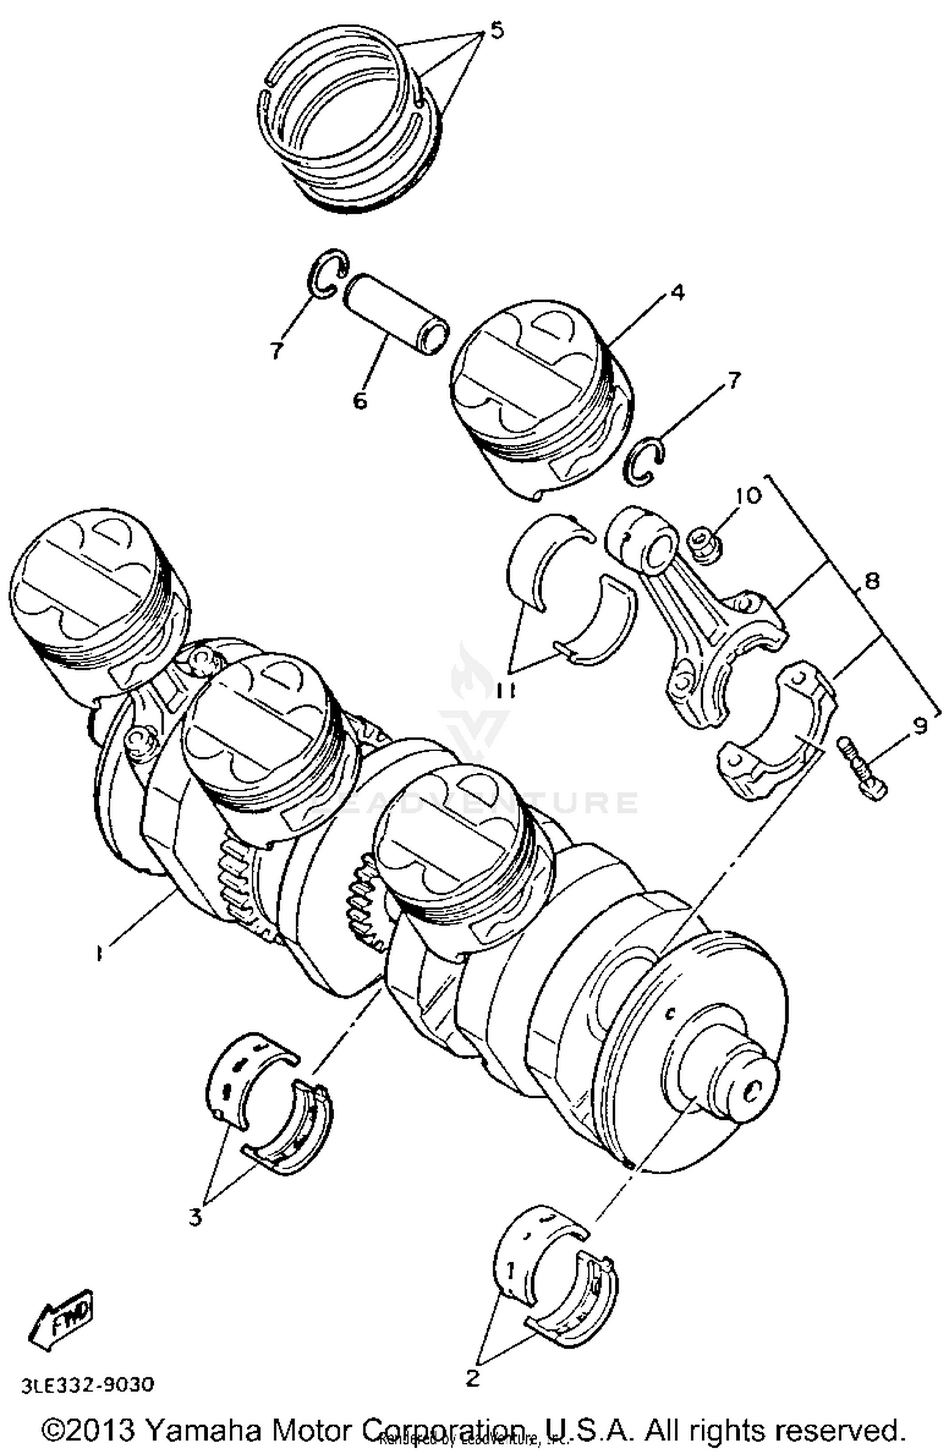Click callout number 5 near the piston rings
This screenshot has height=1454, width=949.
497,30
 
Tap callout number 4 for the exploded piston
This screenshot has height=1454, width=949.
676,292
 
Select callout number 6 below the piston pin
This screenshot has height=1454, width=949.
359,399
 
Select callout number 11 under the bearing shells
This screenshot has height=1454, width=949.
507,691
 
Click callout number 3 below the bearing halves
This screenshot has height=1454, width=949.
195,1215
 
